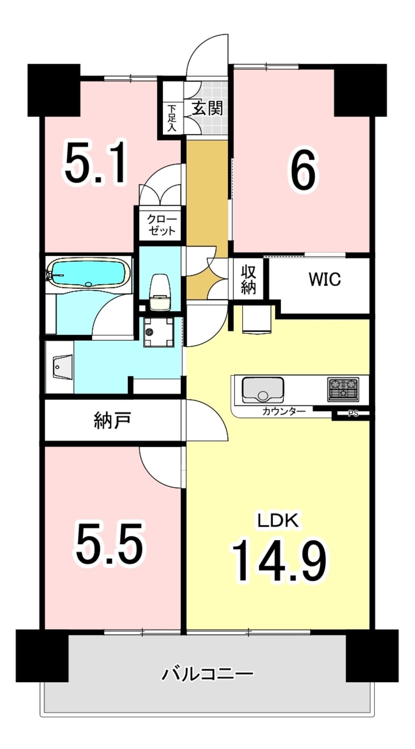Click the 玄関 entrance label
coord(207,108)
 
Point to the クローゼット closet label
coord(161,225)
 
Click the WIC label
coord(325,279)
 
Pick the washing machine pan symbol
coord(158,332)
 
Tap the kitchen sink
coord(262,389)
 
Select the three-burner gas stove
coord(343,388)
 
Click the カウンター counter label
coord(284,411)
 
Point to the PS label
coord(353,414)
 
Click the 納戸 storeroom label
coord(112,420)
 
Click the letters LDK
coord(278,520)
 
